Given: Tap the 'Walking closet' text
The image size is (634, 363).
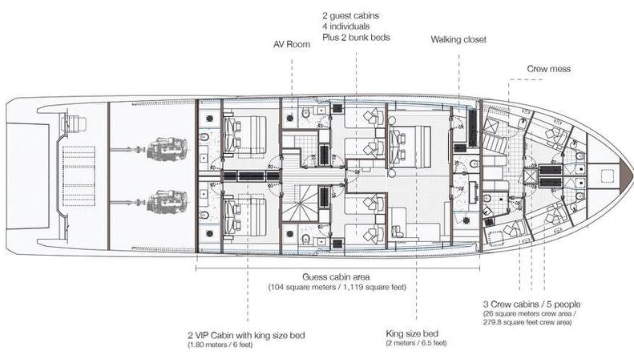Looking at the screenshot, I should (x=459, y=38).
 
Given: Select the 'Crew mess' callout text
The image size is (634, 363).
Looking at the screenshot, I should (x=548, y=70).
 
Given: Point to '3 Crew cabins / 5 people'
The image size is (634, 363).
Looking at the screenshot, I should (x=532, y=305).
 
